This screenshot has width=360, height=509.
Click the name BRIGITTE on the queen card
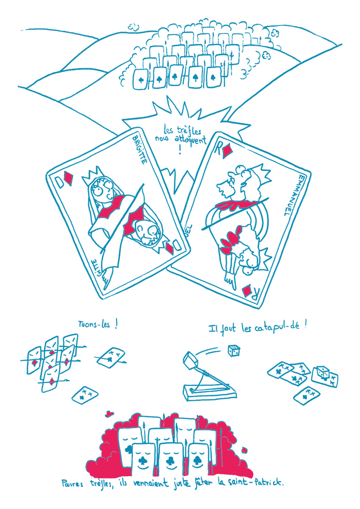point(139,150)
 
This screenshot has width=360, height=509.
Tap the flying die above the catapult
point(234,351)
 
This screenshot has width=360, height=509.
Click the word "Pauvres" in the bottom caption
point(72,484)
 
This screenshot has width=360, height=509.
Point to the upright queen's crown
point(93,175)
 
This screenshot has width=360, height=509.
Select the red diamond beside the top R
point(227,152)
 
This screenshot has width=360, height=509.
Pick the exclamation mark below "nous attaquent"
point(180,150)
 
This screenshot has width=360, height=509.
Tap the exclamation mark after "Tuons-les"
point(116,325)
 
